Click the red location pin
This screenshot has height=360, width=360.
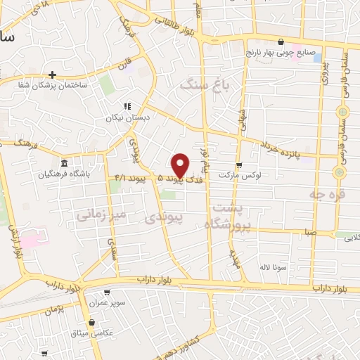(x=181, y=165)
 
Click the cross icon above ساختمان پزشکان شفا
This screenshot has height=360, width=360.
(x=52, y=74)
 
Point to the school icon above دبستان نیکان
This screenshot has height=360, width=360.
(x=127, y=106)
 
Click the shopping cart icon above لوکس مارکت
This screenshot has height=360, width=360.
(x=239, y=165)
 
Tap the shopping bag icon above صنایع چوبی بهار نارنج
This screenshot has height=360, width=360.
(x=281, y=41)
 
